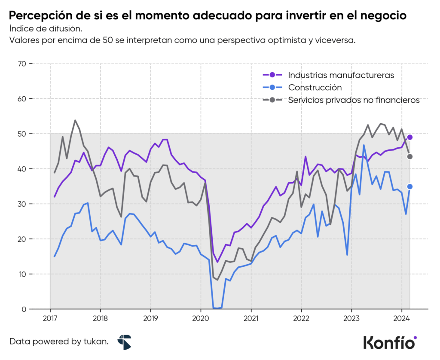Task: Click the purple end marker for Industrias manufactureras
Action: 410,137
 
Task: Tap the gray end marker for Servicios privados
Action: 410,156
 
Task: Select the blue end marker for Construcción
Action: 410,186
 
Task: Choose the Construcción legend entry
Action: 315,88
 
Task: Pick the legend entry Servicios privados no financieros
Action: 354,101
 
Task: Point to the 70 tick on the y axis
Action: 21,64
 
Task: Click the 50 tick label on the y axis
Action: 21,134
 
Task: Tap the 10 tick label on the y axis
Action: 21,274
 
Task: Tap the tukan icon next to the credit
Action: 124,342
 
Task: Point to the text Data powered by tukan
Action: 59,342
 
